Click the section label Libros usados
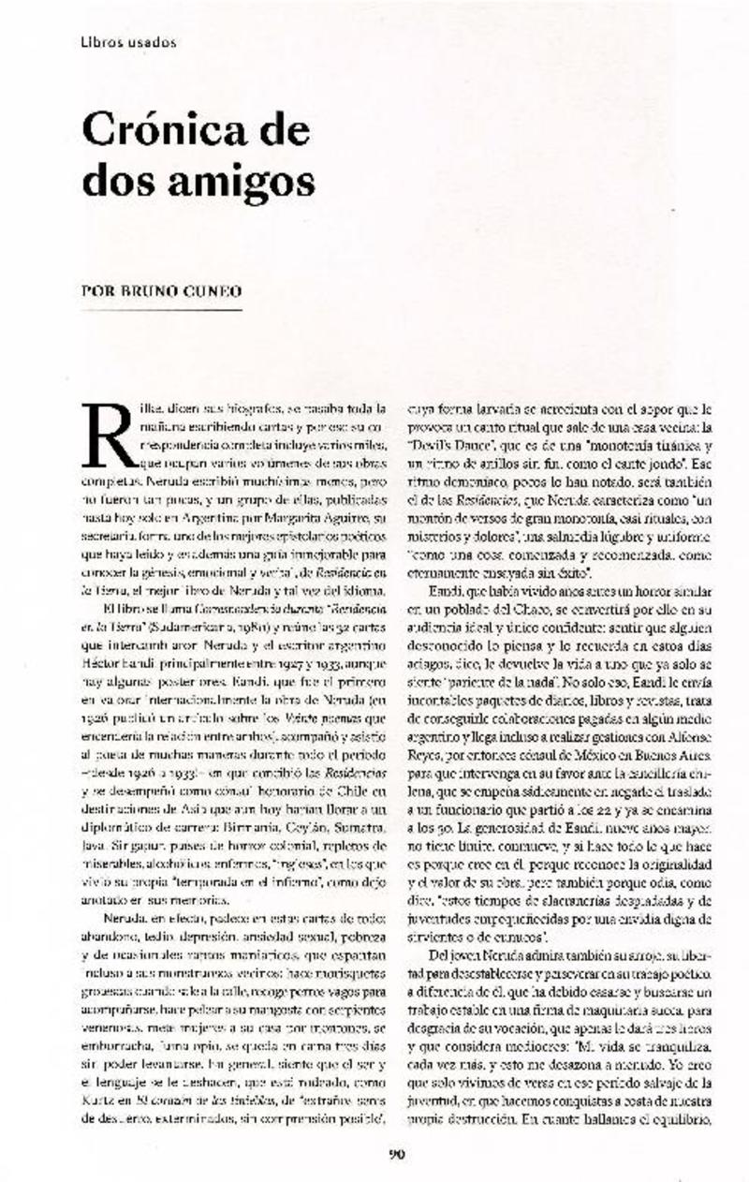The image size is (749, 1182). coord(129,42)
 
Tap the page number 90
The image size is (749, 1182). coord(396,1153)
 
